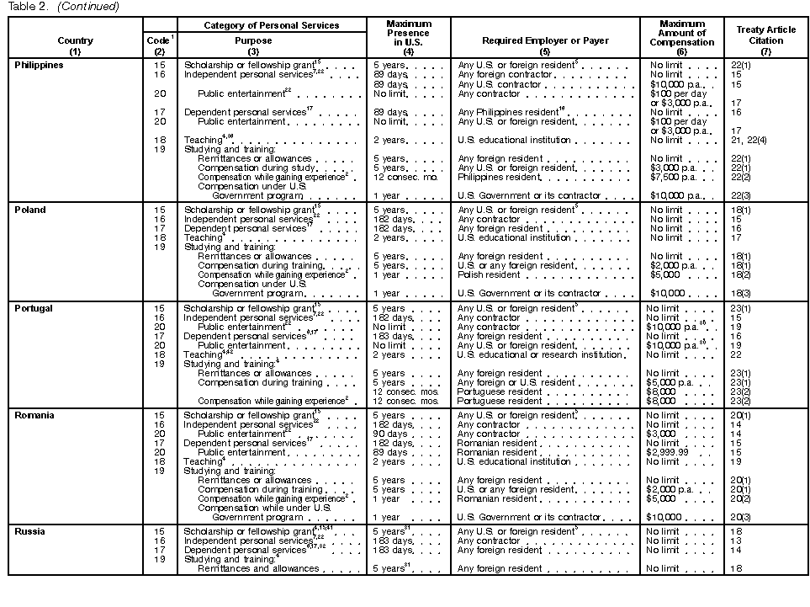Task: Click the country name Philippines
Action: point(40,66)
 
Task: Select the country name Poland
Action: point(30,210)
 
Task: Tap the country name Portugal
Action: point(34,308)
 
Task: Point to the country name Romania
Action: point(34,415)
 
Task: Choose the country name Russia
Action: point(30,531)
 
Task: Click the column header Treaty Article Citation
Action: point(765,35)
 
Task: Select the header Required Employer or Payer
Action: point(544,40)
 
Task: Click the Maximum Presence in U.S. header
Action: point(408,35)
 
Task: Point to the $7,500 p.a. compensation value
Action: point(670,177)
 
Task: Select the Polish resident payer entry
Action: point(490,274)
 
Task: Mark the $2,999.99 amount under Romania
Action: point(669,452)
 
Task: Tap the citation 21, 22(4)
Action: point(747,140)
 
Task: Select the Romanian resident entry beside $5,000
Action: point(497,498)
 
